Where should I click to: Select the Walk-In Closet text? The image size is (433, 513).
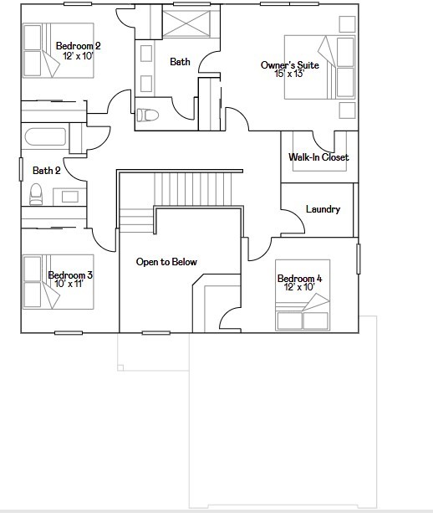318,157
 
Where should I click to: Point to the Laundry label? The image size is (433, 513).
323,209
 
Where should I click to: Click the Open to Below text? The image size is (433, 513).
166,262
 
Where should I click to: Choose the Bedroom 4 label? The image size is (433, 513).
299,278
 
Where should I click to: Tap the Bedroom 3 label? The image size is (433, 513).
70,274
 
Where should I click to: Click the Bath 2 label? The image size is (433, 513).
47,171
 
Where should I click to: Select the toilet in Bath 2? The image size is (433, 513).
36,194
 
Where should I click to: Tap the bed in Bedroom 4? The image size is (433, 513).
303,307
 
